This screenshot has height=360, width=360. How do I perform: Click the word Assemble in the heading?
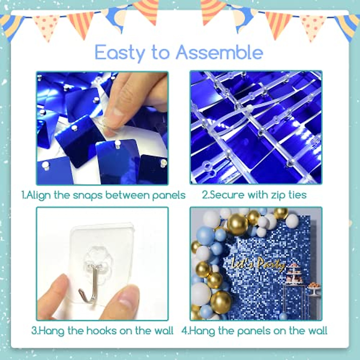pos(219,52)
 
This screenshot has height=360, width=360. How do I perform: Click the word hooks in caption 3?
pos(101,331)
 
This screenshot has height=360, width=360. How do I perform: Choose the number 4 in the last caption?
pos(184,331)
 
